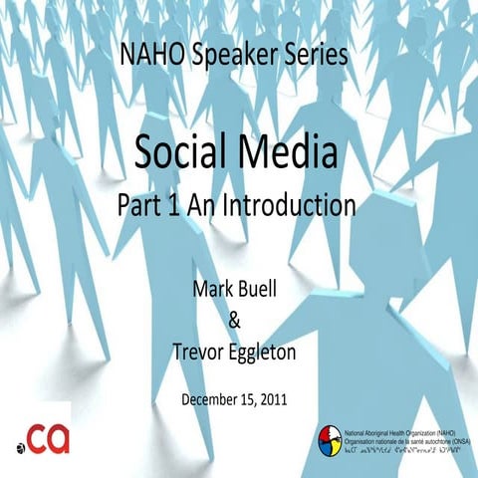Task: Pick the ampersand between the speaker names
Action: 236,321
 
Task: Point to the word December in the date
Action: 213,400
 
